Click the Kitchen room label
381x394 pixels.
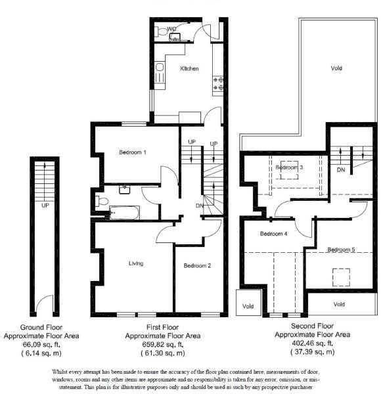[190, 69]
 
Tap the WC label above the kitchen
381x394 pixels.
[171, 29]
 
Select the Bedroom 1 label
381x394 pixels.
[133, 152]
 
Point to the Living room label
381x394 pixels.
[137, 264]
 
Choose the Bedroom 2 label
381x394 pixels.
[197, 266]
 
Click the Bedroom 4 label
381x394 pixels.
[273, 234]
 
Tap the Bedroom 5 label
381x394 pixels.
[341, 250]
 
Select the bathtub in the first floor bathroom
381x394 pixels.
[123, 212]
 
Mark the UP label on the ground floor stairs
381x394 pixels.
[45, 204]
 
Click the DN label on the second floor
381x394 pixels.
[340, 169]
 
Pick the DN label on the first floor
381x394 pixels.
[199, 206]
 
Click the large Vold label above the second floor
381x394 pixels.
[336, 68]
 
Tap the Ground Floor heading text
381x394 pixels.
[41, 326]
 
